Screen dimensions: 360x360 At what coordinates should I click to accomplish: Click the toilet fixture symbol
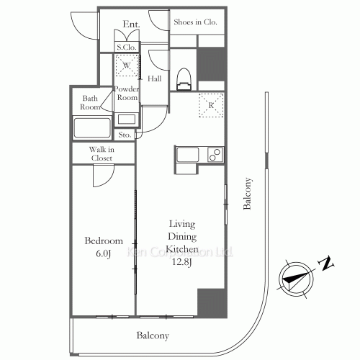pyautogui.click(x=184, y=79)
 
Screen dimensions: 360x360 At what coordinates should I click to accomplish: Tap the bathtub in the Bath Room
pyautogui.click(x=92, y=127)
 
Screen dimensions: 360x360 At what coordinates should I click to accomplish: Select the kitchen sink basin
pyautogui.click(x=187, y=155)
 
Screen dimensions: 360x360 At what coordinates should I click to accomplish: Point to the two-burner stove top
pyautogui.click(x=215, y=155)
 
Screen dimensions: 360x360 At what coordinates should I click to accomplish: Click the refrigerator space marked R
pyautogui.click(x=211, y=105)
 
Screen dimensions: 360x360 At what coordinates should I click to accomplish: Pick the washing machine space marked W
pyautogui.click(x=127, y=66)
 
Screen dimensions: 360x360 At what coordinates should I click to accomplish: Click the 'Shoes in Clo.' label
pyautogui.click(x=195, y=22)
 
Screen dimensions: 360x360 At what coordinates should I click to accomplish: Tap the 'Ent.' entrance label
pyautogui.click(x=131, y=24)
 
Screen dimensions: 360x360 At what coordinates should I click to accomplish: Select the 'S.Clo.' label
pyautogui.click(x=127, y=48)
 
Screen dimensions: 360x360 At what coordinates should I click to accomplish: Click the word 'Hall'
pyautogui.click(x=154, y=78)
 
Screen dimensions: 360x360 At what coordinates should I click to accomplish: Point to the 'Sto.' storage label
pyautogui.click(x=125, y=135)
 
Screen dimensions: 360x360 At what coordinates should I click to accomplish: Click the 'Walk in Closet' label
pyautogui.click(x=102, y=153)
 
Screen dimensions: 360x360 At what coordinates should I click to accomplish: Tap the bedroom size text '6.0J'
pyautogui.click(x=103, y=253)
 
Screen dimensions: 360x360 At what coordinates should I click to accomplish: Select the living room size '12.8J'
pyautogui.click(x=181, y=262)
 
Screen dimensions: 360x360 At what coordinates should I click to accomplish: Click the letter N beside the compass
pyautogui.click(x=326, y=264)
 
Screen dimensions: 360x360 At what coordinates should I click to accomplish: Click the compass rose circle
pyautogui.click(x=296, y=279)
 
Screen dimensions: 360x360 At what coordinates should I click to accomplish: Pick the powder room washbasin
pyautogui.click(x=126, y=120)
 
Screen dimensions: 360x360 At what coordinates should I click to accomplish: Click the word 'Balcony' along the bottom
pyautogui.click(x=153, y=336)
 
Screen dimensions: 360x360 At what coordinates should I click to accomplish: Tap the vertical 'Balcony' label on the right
pyautogui.click(x=248, y=194)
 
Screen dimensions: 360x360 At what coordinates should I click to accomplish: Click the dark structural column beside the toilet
pyautogui.click(x=211, y=64)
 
